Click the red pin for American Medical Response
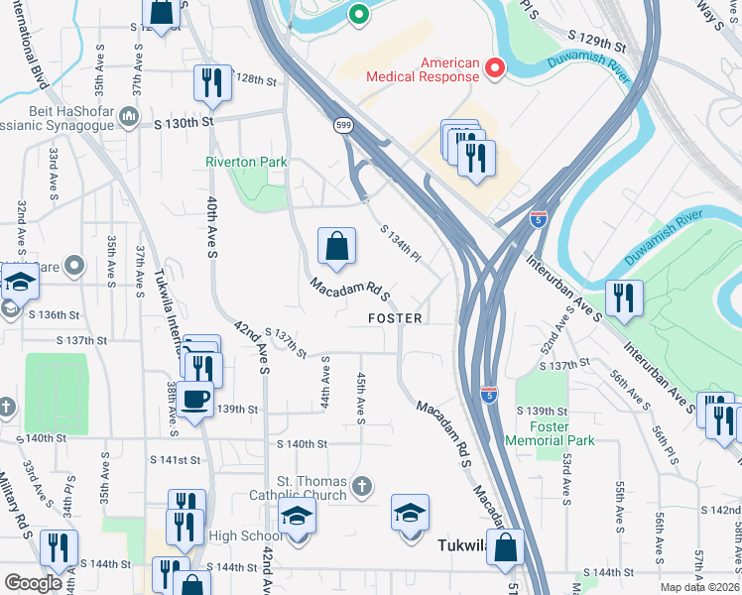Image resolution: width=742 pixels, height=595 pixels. (x=495, y=68)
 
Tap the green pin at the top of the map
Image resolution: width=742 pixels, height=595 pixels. (x=358, y=15)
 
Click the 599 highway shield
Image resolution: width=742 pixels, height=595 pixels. (x=343, y=125)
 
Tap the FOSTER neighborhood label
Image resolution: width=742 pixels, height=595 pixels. (x=396, y=318)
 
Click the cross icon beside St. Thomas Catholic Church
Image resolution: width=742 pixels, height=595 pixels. (x=363, y=487)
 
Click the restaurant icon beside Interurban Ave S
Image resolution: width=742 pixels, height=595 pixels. (x=623, y=298)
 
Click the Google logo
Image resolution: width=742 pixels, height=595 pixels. (x=34, y=583)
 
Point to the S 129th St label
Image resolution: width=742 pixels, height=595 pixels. (x=597, y=47)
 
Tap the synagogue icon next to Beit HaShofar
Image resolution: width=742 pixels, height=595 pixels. (x=128, y=118)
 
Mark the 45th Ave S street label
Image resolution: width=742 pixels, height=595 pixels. (x=361, y=397)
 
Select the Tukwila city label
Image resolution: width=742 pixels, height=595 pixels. (x=460, y=543)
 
